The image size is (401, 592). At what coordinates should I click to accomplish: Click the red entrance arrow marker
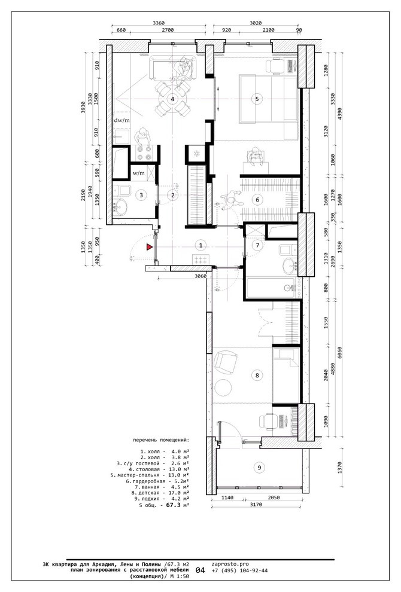coord(150,248)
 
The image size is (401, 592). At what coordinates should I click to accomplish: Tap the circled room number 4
coord(172,99)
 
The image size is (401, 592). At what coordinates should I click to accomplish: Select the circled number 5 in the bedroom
coord(257,99)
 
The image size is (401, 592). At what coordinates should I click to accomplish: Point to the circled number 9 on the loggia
coord(259,468)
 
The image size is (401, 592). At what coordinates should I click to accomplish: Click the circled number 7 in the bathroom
coord(258,245)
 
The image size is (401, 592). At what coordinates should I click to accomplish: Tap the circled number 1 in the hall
coord(200,245)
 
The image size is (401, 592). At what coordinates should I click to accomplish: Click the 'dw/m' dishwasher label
coord(122,120)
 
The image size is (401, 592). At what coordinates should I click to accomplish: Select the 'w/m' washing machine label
coord(139,173)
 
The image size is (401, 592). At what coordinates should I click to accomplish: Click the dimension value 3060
coord(200,276)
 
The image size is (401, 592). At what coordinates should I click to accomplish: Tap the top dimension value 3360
coord(159,23)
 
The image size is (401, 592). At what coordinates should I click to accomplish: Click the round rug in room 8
coord(223,387)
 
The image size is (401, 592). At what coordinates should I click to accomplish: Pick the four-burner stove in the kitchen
coord(144,153)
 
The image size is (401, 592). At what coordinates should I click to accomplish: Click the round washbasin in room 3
coord(121,207)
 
